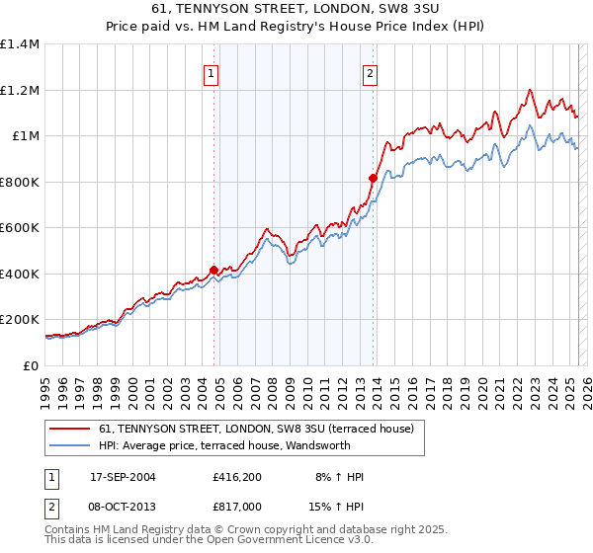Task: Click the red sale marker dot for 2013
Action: tap(373, 178)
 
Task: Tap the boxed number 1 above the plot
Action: tap(212, 72)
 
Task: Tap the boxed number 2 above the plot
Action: tap(370, 72)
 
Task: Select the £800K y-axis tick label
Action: tap(20, 182)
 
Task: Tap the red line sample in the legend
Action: tap(70, 428)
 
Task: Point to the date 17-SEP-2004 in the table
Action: tap(123, 477)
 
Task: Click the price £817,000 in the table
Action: tap(237, 505)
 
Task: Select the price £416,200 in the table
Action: tap(237, 477)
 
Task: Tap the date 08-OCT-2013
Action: tap(123, 505)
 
